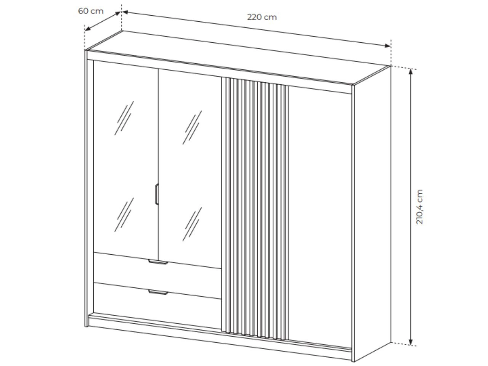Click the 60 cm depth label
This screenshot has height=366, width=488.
coord(91,11)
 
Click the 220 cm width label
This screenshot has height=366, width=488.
coord(262,17)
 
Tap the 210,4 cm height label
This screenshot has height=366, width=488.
coord(419,207)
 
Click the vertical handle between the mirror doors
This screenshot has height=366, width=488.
coord(157,194)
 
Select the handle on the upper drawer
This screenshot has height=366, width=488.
coord(158,262)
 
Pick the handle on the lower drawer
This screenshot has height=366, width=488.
coord(158,292)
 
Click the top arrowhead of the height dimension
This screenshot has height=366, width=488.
coord(411,72)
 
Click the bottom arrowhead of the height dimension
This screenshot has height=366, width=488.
coord(411,342)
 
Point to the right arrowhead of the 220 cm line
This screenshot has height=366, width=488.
coord(387,45)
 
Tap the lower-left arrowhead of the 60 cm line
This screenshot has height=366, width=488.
coord(88,29)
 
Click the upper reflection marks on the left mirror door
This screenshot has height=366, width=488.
coord(124,118)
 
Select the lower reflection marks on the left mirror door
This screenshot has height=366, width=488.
coord(124,215)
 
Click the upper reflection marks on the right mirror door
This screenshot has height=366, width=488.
coord(192,128)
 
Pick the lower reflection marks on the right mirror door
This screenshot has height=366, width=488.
coord(192,224)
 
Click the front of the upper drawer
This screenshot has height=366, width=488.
coord(157,276)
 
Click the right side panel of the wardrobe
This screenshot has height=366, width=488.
coord(372,213)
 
